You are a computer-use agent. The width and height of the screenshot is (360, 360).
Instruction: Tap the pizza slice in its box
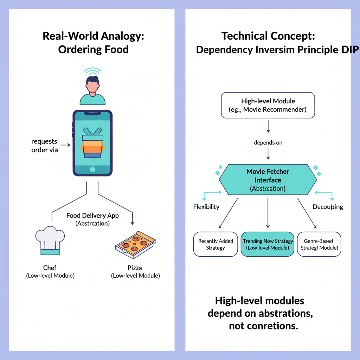pyautogui.click(x=135, y=243)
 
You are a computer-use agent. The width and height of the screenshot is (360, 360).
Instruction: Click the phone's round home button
pyautogui.click(x=92, y=170)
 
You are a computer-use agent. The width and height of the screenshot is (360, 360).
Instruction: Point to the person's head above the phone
pyautogui.click(x=92, y=85)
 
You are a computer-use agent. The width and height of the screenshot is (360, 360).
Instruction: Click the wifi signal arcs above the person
pyautogui.click(x=92, y=72)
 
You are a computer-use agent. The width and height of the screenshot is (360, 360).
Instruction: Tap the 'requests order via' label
pyautogui.click(x=44, y=146)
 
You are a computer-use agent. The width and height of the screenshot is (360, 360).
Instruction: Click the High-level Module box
pyautogui.click(x=268, y=105)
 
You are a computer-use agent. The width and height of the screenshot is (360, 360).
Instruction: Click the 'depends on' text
pyautogui.click(x=268, y=143)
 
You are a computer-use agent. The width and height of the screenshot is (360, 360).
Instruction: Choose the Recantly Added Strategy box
pyautogui.click(x=216, y=244)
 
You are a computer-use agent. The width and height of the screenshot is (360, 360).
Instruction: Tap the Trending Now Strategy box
pyautogui.click(x=268, y=244)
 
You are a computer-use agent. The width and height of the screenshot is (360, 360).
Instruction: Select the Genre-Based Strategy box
pyautogui.click(x=319, y=244)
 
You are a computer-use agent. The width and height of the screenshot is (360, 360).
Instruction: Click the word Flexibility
pyautogui.click(x=206, y=207)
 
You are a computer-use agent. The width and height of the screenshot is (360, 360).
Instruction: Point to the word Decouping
pyautogui.click(x=328, y=207)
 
